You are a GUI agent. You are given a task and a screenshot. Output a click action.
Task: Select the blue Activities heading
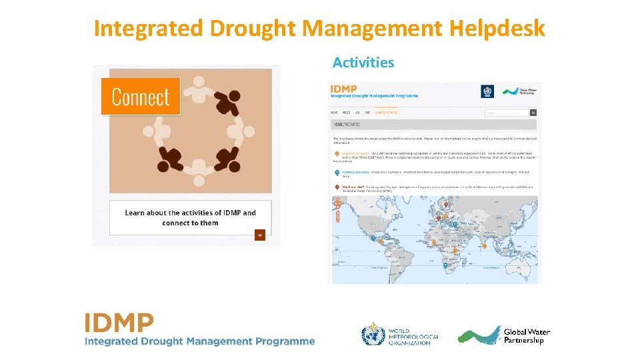tap(363, 63)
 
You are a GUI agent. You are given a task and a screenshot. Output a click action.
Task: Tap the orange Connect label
tap(141, 97)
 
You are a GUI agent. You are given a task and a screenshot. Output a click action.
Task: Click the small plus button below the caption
tap(259, 235)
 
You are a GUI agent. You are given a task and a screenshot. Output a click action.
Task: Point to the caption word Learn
tap(135, 213)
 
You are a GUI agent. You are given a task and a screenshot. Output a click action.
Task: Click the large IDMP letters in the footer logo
tap(119, 323)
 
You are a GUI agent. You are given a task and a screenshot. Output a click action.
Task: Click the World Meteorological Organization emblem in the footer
tap(373, 334)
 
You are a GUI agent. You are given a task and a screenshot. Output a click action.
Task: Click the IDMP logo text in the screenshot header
tap(344, 89)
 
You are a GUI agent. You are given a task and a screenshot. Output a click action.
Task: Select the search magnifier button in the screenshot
tap(533, 113)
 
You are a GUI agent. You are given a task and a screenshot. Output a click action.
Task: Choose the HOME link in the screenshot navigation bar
tap(335, 113)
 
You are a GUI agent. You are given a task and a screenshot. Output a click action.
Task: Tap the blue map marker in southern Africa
tap(445, 265)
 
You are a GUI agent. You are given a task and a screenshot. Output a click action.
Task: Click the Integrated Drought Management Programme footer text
tap(199, 341)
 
